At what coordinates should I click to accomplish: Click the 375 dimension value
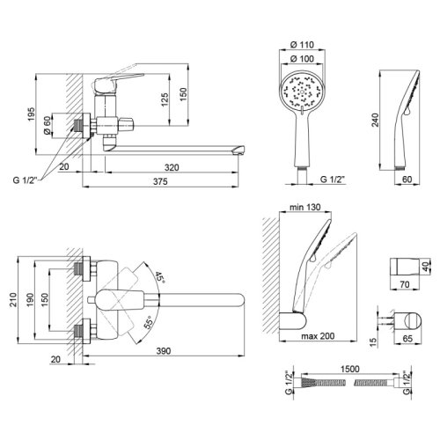tap(160, 181)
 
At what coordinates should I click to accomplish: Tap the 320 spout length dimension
tap(172, 167)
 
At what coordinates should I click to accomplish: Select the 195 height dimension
tap(31, 114)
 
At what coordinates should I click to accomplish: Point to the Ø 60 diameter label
tap(47, 125)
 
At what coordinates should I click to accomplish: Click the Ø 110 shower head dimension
tap(302, 45)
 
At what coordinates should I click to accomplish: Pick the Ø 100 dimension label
tap(302, 59)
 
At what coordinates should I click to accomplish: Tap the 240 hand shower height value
tap(375, 120)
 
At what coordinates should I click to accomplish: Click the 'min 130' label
tap(305, 207)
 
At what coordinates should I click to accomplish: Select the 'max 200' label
tap(318, 336)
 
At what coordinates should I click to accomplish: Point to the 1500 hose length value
tap(350, 369)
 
